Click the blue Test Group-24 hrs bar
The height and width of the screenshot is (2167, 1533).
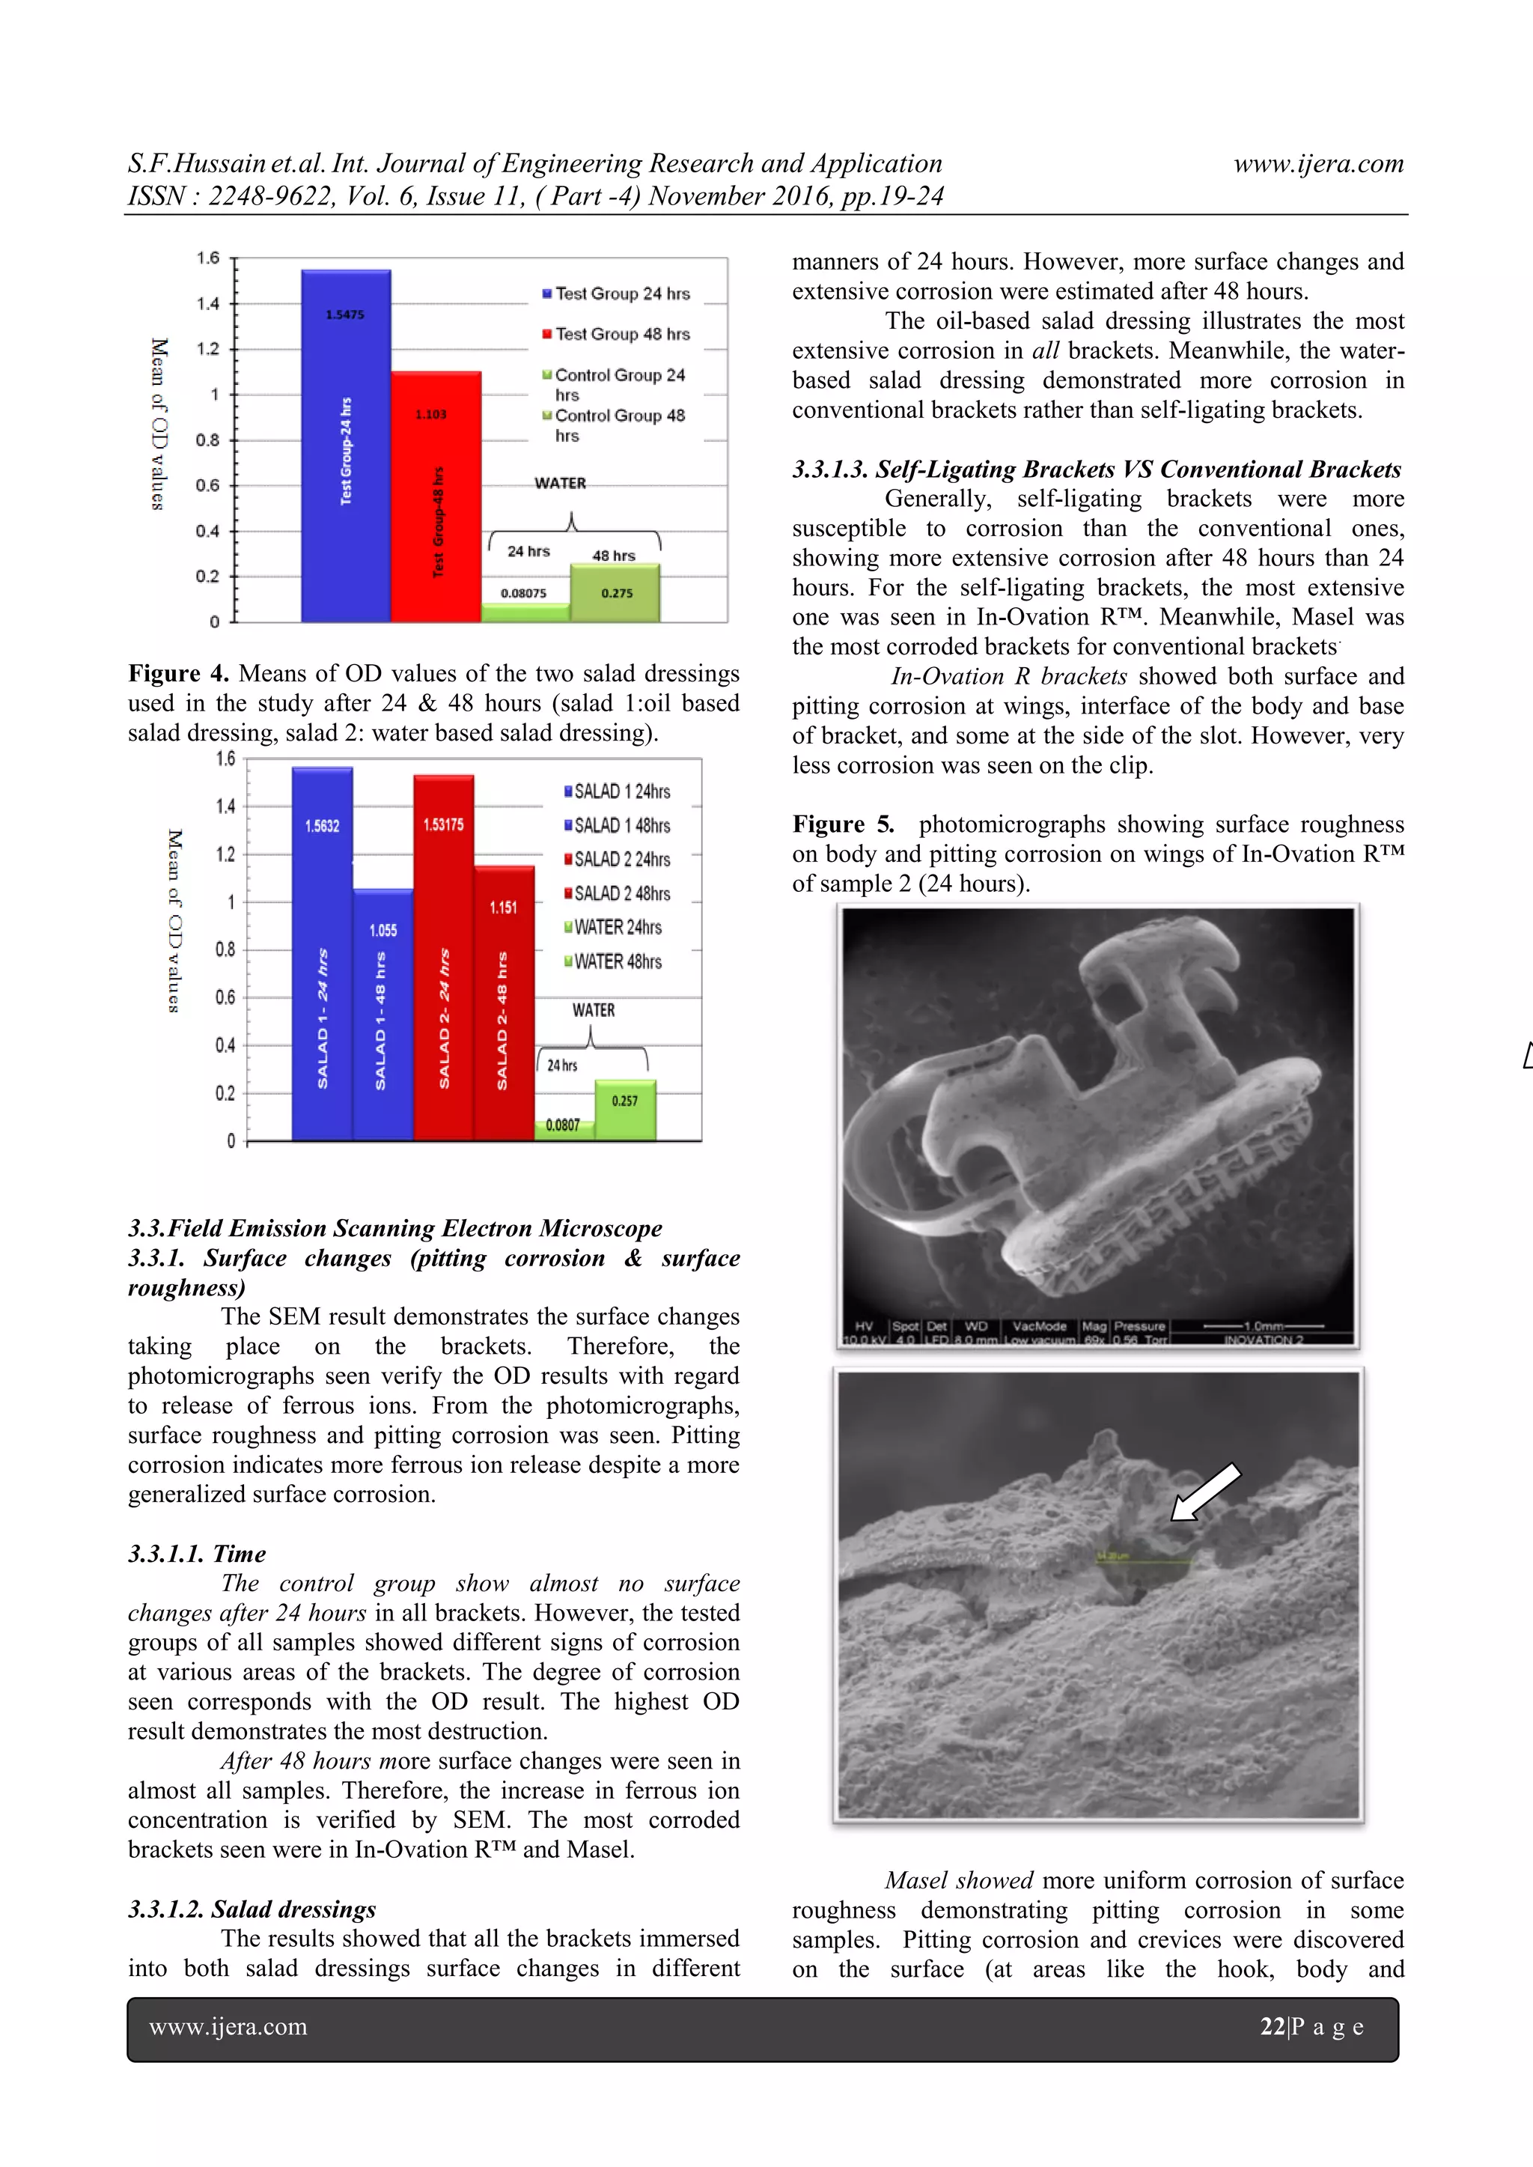click(x=346, y=449)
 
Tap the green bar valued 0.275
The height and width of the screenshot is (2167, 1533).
click(x=615, y=593)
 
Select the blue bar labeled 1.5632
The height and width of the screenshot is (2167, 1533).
click(x=322, y=954)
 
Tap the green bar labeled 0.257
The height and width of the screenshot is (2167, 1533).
click(x=625, y=1110)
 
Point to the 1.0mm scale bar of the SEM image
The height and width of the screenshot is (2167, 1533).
click(x=1263, y=1325)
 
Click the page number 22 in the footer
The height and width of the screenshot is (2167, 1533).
click(x=1273, y=2026)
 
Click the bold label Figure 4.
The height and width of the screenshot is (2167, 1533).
click(x=178, y=673)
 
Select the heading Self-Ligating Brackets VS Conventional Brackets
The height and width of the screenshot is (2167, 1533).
click(x=1096, y=469)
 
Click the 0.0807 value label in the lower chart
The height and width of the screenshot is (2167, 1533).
click(x=563, y=1125)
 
